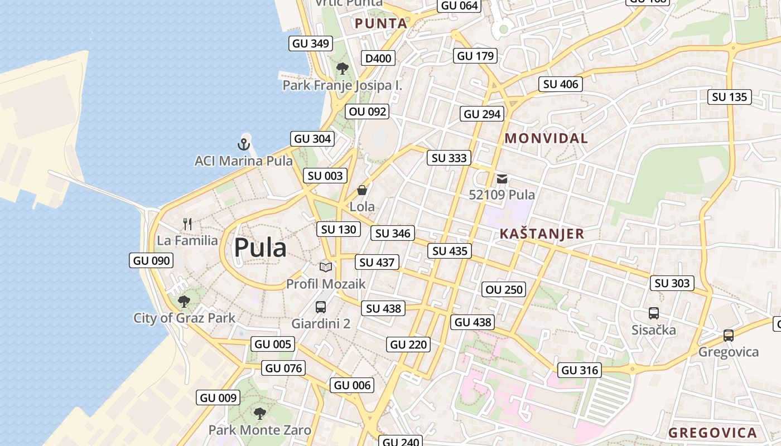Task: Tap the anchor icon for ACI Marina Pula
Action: coord(244,144)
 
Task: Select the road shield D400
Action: coord(379,58)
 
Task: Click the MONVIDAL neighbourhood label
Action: coord(546,139)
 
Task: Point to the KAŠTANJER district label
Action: coord(542,234)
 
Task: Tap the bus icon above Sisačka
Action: coord(653,313)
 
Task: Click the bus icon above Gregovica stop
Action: coord(729,336)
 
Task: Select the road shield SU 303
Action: coord(672,283)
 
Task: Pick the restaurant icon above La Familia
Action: coord(187,224)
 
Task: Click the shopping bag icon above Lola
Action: coord(362,191)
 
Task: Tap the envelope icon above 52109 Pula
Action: coord(502,179)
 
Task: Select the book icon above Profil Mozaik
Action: coord(326,268)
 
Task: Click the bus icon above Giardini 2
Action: coord(321,307)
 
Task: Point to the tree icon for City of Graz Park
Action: coord(184,302)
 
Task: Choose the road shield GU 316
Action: coord(580,370)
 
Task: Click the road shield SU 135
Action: coord(730,97)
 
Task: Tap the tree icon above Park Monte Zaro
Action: coord(259,413)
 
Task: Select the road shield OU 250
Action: coord(504,289)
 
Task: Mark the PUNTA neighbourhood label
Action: coord(381,23)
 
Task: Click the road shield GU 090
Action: coord(152,260)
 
